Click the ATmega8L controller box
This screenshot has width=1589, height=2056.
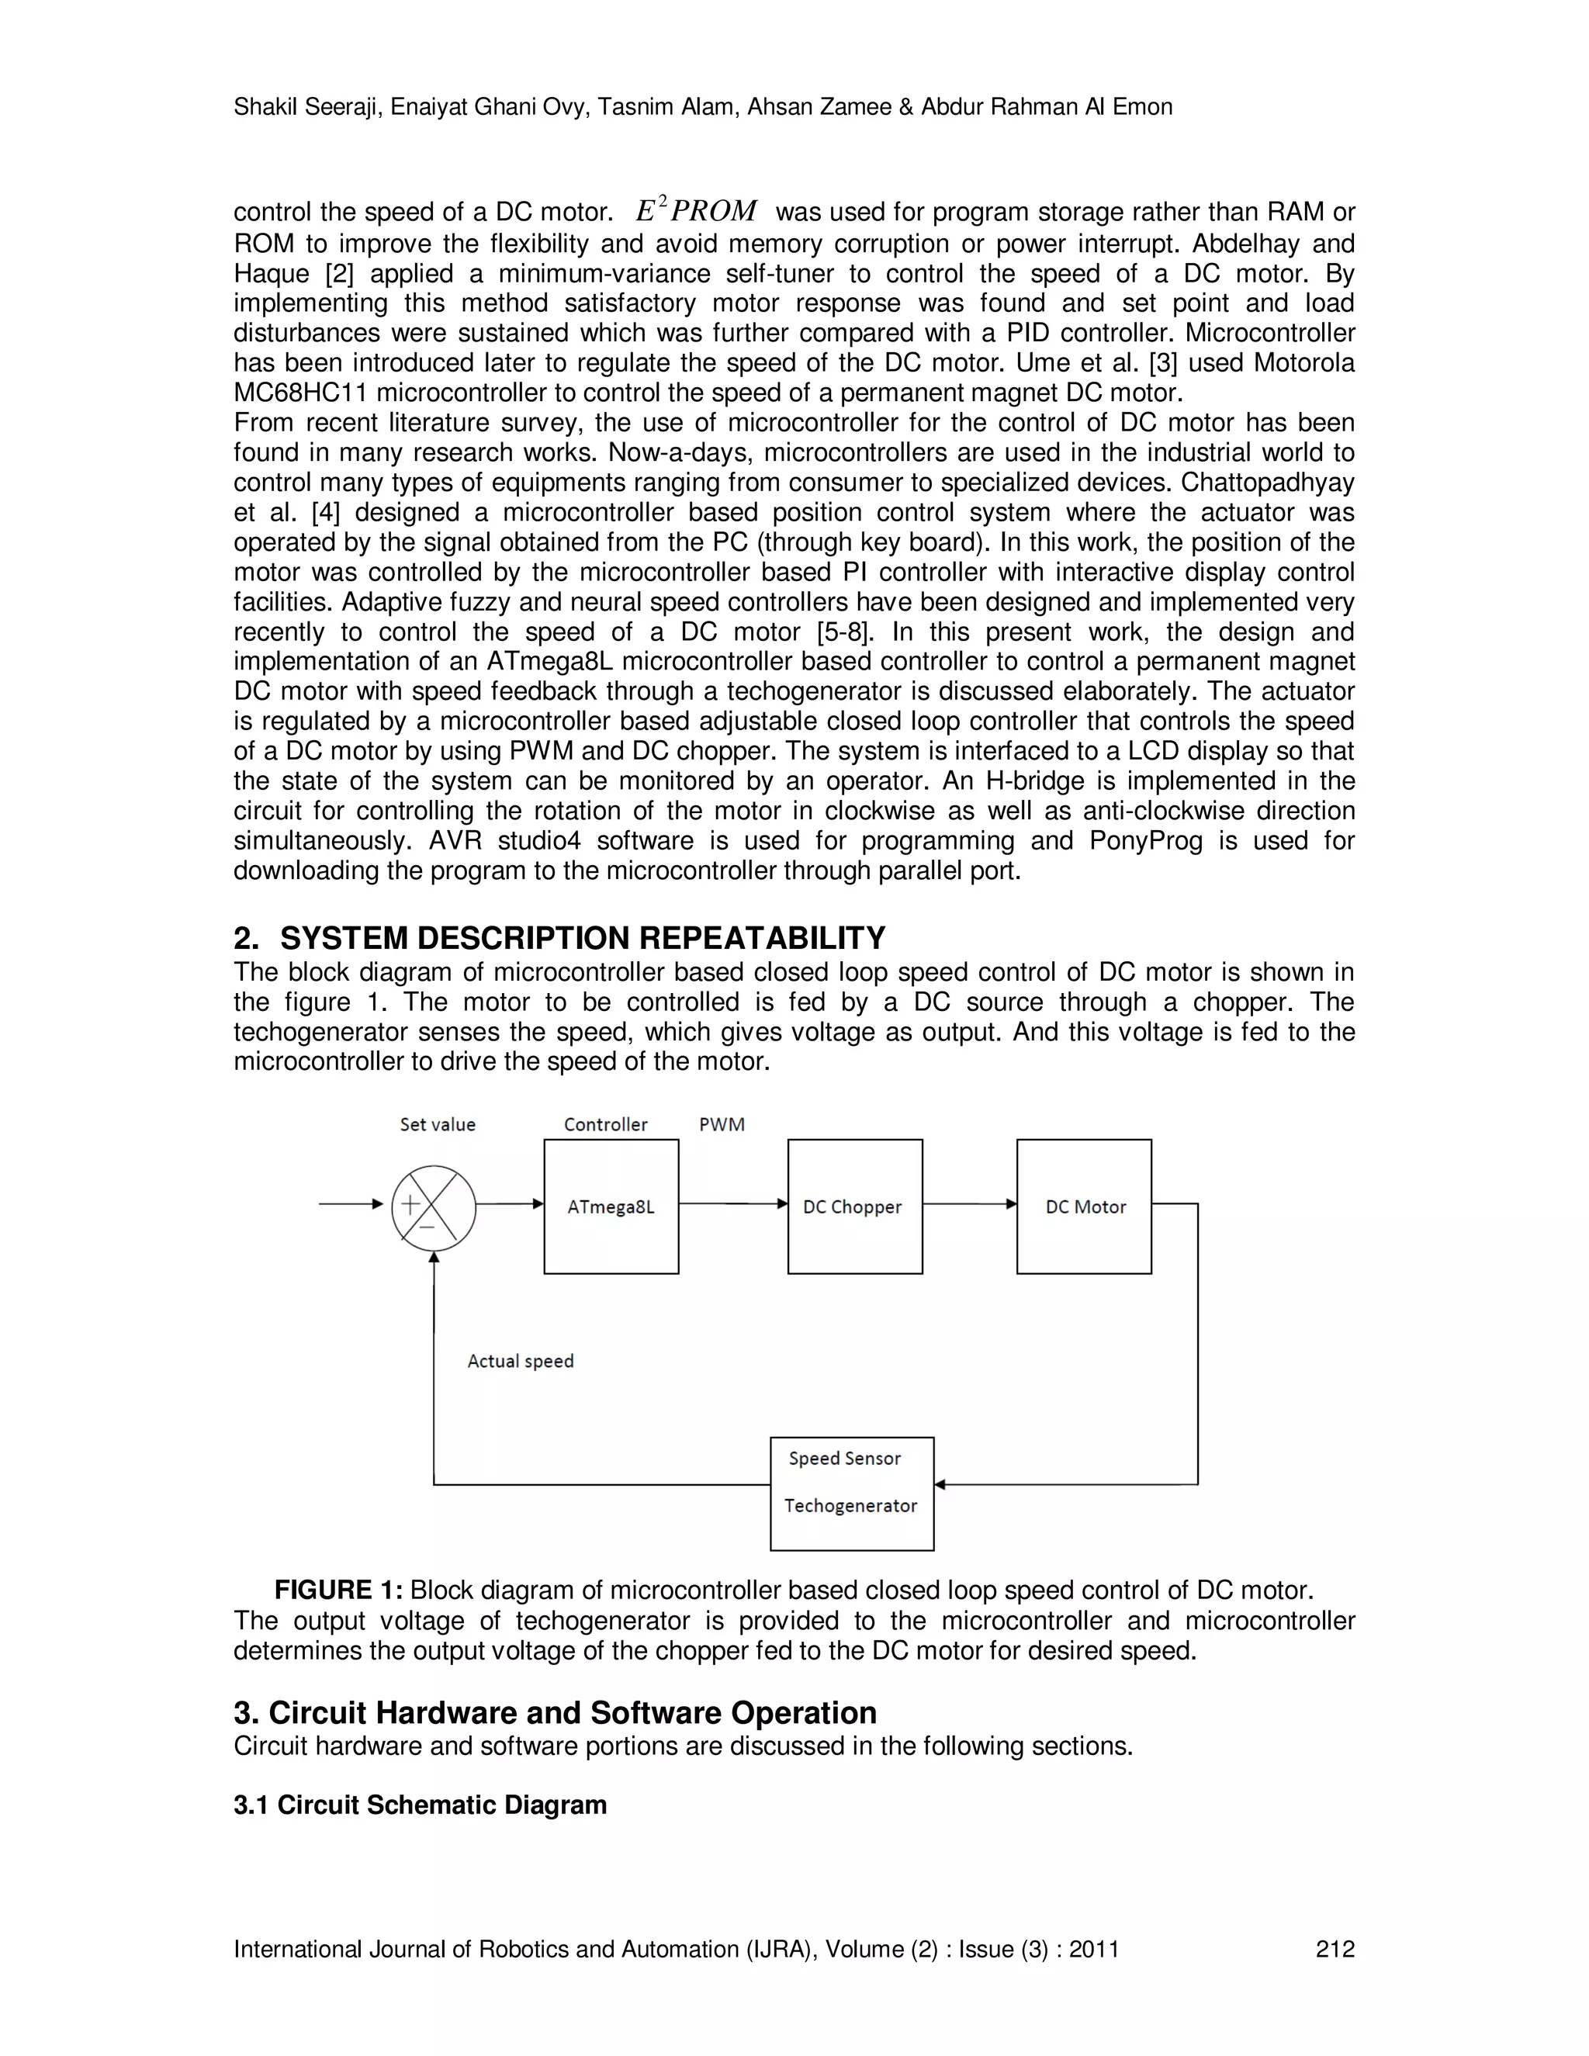click(x=611, y=1207)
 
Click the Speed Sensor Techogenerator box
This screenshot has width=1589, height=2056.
click(x=851, y=1493)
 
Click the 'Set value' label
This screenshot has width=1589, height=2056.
click(x=438, y=1124)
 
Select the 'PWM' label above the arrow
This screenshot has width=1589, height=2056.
click(x=722, y=1124)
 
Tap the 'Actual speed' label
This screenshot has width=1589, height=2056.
click(x=521, y=1362)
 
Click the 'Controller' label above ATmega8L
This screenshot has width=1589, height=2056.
click(x=605, y=1124)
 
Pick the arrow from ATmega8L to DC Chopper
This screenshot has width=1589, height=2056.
click(x=732, y=1204)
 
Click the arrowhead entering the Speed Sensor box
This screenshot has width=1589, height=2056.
click(x=940, y=1484)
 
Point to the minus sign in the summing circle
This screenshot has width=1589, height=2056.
click(x=427, y=1227)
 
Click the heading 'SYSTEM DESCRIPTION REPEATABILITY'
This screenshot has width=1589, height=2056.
click(x=583, y=939)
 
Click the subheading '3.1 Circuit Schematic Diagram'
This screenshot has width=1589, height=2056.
click(x=420, y=1805)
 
